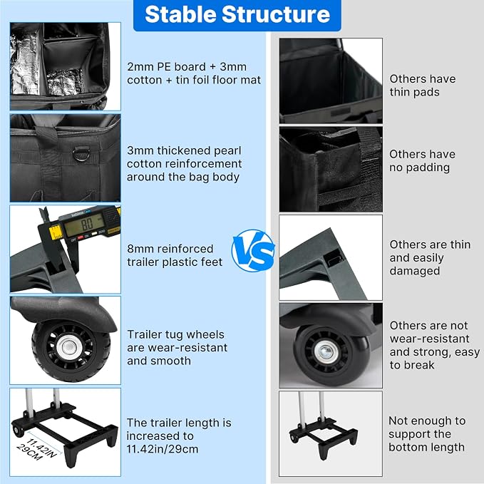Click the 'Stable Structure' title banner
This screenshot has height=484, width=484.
click(237, 15)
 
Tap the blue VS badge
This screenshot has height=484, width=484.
click(253, 250)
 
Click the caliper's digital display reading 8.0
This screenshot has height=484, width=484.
click(83, 225)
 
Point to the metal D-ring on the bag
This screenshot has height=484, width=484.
click(81, 154)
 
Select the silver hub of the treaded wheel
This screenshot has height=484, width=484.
click(68, 348)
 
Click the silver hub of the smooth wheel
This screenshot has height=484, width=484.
click(325, 351)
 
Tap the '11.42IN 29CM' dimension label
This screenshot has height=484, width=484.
click(37, 449)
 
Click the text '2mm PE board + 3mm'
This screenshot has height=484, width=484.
click(187, 67)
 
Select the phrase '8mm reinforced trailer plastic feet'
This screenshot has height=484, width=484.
click(175, 255)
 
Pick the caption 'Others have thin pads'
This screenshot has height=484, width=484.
click(422, 86)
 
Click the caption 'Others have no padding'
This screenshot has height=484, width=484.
click(422, 160)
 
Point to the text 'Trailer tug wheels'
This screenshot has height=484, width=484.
click(175, 334)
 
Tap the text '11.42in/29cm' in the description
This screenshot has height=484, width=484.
click(163, 449)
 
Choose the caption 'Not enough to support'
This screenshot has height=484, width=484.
click(427, 427)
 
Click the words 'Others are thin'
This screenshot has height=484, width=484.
click(430, 244)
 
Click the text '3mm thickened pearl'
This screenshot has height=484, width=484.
click(184, 150)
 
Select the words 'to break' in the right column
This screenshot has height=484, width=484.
click(412, 365)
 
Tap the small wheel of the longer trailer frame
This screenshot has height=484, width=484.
click(18, 430)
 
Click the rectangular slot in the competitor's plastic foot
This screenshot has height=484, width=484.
click(334, 259)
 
